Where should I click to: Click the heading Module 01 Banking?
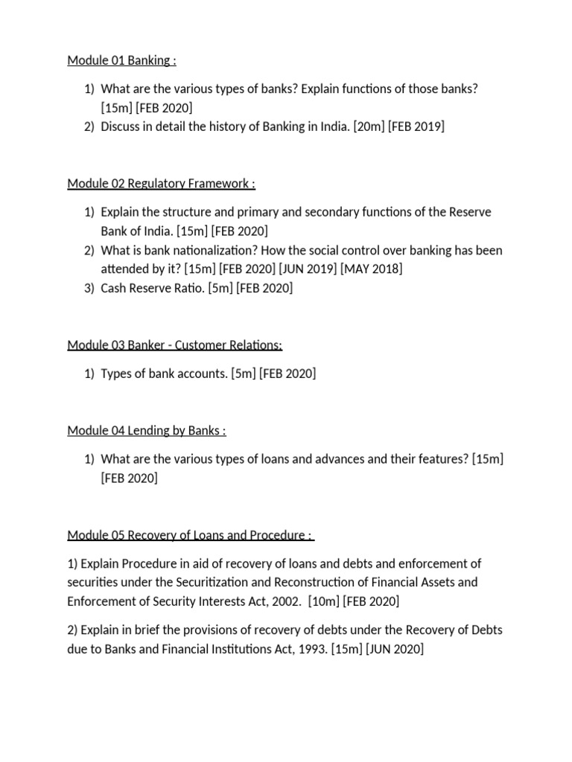121,60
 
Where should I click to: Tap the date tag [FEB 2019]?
416,127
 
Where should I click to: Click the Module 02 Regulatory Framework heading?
161,183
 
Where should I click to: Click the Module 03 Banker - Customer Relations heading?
174,345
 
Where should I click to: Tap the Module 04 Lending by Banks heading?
146,431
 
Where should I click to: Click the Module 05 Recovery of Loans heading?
190,536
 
